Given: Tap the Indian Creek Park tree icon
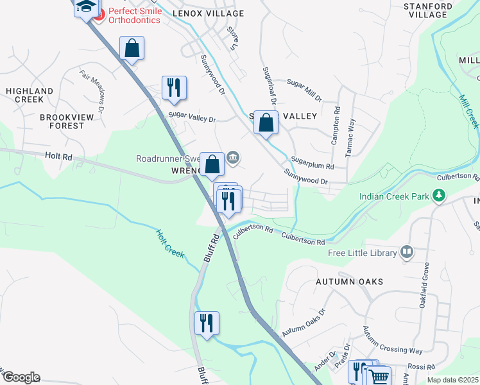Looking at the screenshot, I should [439, 194].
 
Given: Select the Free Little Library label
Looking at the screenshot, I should [363, 253].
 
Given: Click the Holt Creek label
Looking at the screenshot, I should [170, 244].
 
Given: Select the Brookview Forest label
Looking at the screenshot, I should [71, 121].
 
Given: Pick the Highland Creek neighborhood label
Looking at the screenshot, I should [29, 96].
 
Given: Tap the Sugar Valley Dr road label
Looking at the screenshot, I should [192, 119].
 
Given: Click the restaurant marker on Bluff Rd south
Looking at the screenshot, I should [206, 323].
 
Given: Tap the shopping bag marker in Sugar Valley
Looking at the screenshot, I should [266, 122].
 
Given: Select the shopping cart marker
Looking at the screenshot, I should [379, 376].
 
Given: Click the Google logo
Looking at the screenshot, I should [21, 377].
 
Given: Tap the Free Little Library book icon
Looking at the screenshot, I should [406, 253].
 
